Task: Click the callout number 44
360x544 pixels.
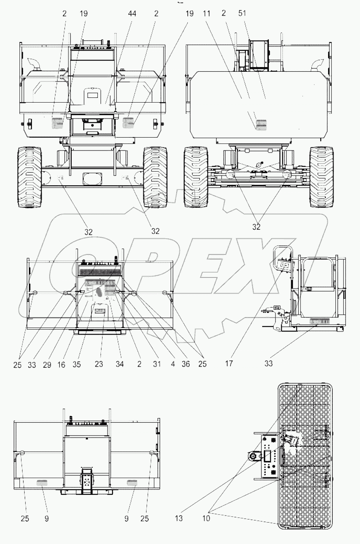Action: pyautogui.click(x=132, y=14)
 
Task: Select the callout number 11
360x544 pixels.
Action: pyautogui.click(x=206, y=14)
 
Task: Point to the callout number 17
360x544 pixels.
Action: pyautogui.click(x=229, y=363)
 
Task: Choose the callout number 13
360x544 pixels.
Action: pyautogui.click(x=178, y=519)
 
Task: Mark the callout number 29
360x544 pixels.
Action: pyautogui.click(x=47, y=364)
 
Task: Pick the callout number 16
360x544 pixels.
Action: pyautogui.click(x=61, y=364)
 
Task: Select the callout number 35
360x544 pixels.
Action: pyautogui.click(x=77, y=364)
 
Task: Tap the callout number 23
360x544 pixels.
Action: pyautogui.click(x=99, y=364)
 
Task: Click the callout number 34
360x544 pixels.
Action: pyautogui.click(x=119, y=364)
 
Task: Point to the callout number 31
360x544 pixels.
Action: pyautogui.click(x=157, y=364)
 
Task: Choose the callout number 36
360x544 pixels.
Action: pyautogui.click(x=185, y=364)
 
